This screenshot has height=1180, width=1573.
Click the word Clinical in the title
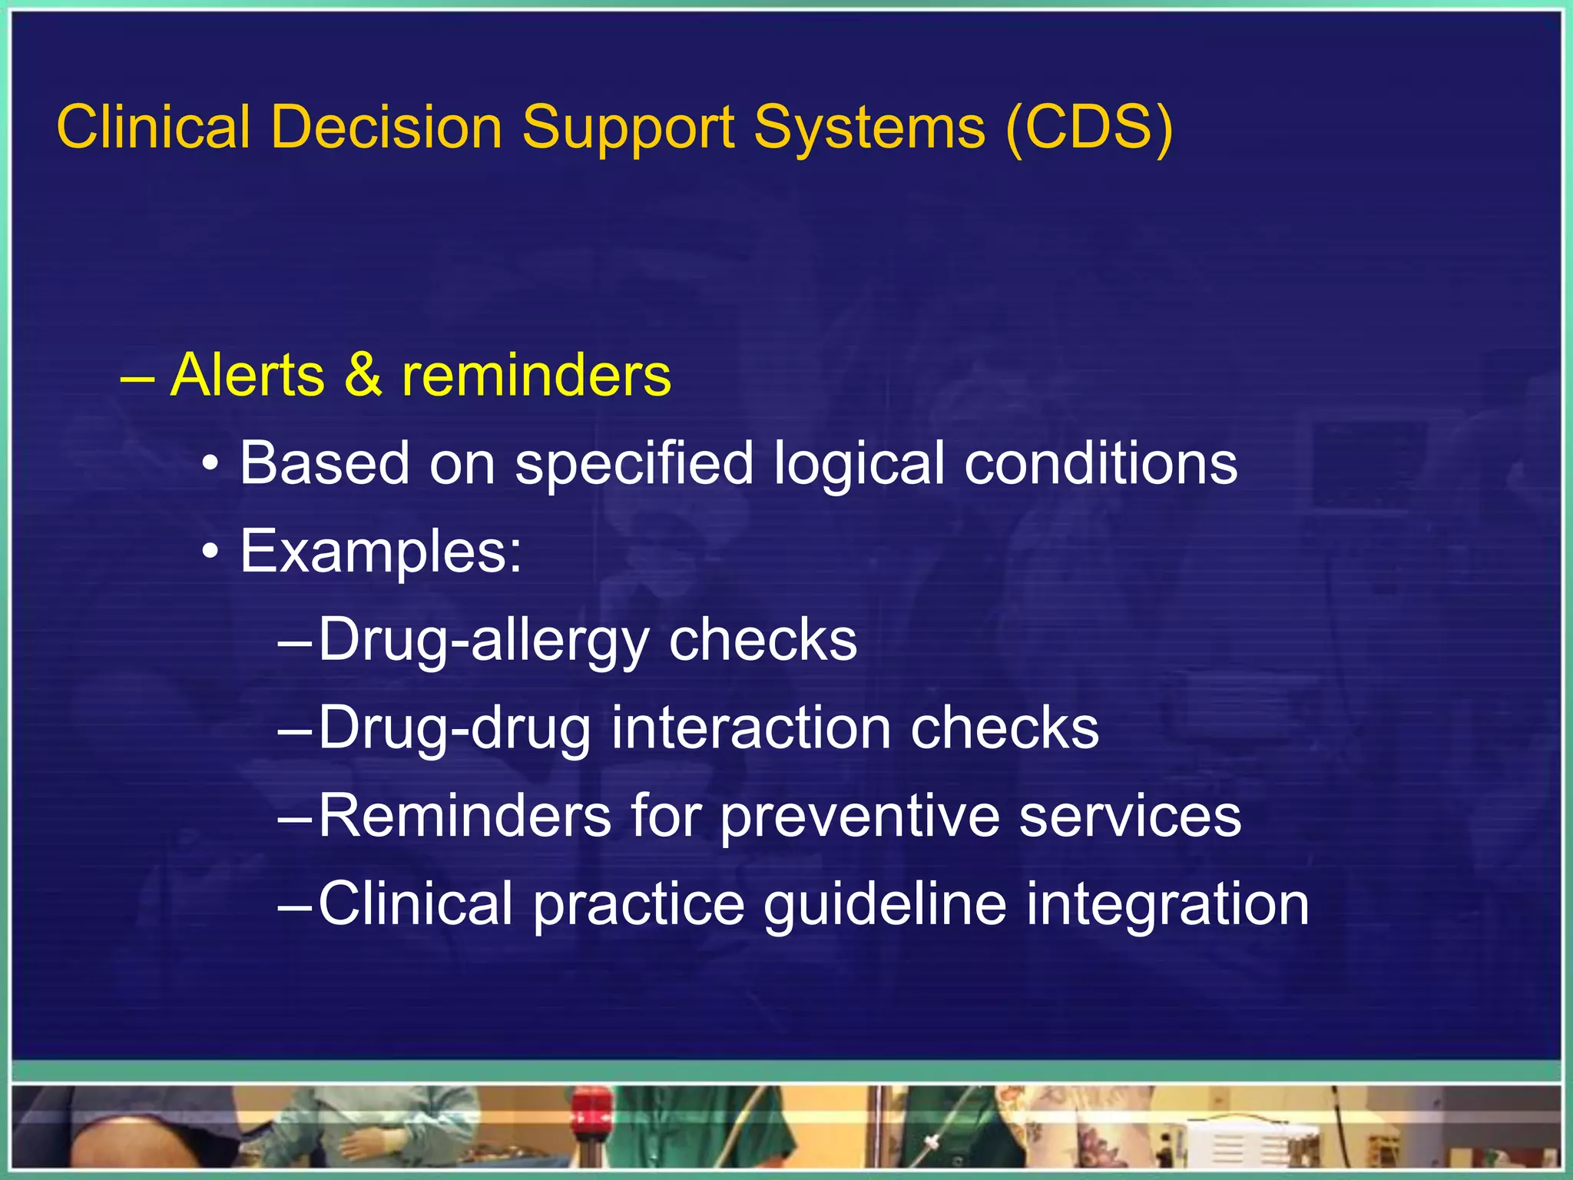(153, 127)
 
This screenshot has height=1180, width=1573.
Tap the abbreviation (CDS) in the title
(1088, 127)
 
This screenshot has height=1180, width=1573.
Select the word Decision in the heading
(386, 127)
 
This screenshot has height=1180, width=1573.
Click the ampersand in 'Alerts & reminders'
(363, 375)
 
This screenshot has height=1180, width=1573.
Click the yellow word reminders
(536, 375)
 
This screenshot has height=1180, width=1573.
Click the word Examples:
(381, 552)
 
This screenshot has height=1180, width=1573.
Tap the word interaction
(750, 728)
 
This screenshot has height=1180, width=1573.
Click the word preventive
(859, 817)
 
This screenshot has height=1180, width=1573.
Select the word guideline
(884, 905)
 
